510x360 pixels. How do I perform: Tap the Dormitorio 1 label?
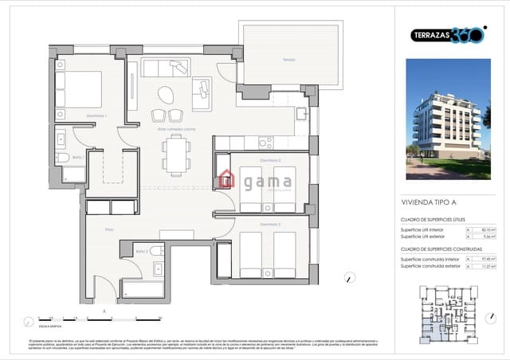[96, 116]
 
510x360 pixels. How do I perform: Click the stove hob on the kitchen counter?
[265, 143]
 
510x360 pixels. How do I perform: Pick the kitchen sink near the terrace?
[300, 114]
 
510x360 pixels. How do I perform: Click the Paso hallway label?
[111, 229]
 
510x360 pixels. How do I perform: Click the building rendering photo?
[448, 119]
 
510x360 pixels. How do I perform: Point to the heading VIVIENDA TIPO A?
[430, 203]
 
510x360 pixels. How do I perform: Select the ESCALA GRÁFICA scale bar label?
[52, 326]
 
